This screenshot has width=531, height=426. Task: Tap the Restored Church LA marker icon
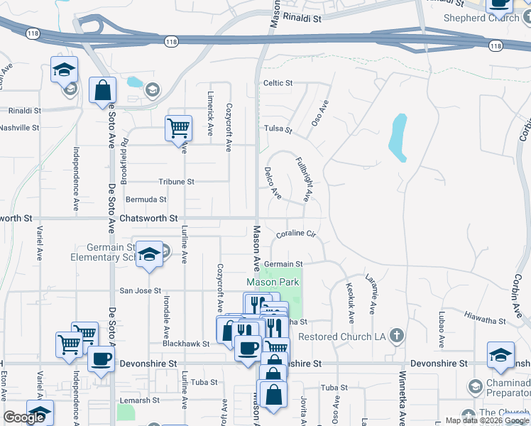click(x=397, y=334)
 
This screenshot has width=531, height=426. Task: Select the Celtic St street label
click(x=278, y=83)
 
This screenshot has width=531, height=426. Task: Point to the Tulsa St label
click(x=278, y=129)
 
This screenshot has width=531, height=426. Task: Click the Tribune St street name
click(x=176, y=182)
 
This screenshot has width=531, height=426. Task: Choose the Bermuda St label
click(x=146, y=200)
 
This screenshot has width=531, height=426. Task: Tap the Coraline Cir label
click(x=295, y=233)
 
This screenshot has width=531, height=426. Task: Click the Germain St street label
click(x=284, y=264)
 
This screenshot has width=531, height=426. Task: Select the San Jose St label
click(x=140, y=290)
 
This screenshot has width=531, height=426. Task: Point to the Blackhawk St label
click(x=186, y=344)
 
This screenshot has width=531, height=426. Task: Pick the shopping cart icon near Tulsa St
click(x=178, y=129)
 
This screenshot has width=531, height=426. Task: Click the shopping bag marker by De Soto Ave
click(x=102, y=90)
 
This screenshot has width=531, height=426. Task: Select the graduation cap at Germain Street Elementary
click(x=150, y=253)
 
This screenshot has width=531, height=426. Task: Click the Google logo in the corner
click(x=24, y=417)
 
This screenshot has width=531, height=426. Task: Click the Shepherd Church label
click(x=480, y=18)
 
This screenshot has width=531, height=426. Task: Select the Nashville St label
click(x=19, y=128)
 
